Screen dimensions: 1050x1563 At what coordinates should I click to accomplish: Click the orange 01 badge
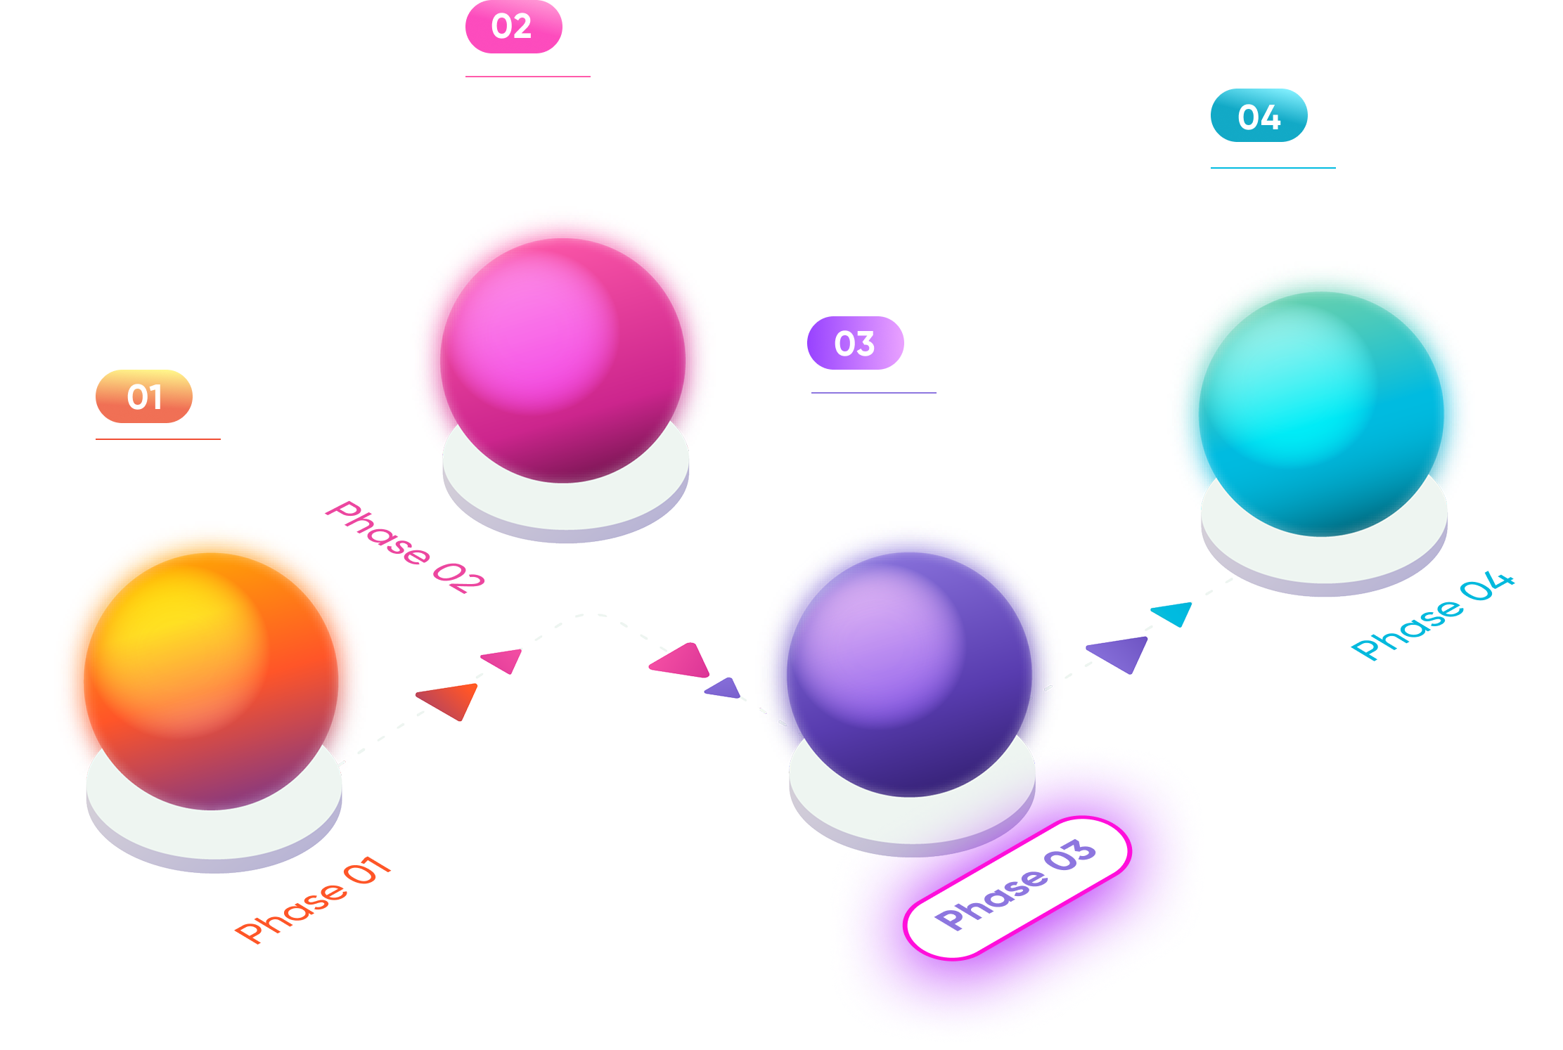tap(144, 396)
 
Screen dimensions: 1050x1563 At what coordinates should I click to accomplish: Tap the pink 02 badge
tap(513, 27)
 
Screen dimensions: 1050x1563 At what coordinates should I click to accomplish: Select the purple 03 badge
tap(855, 343)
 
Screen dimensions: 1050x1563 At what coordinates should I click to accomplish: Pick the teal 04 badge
tap(1259, 116)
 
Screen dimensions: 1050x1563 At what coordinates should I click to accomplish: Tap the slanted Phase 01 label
tap(313, 900)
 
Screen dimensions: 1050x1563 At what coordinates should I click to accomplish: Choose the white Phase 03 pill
tap(1016, 887)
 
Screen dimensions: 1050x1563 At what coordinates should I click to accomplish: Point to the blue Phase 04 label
tap(1432, 617)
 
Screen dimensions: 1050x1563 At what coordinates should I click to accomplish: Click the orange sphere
tap(211, 675)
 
